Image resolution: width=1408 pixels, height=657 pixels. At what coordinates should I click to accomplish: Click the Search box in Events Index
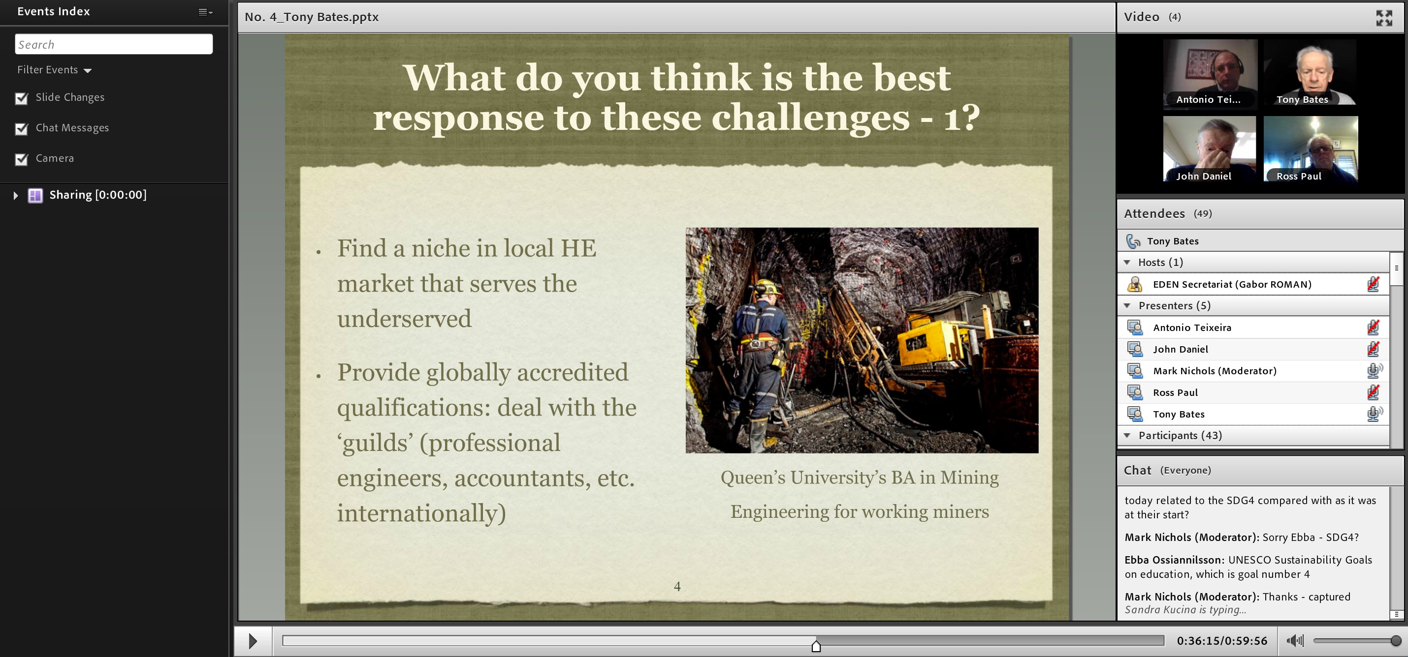click(x=114, y=44)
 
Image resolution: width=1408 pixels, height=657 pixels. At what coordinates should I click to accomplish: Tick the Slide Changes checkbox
click(x=21, y=98)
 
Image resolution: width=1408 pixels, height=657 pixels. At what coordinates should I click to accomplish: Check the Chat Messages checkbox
click(x=21, y=129)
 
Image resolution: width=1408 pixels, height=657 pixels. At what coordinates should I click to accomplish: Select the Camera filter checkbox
click(x=21, y=159)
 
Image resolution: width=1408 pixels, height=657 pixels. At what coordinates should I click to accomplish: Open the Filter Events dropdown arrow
click(x=88, y=70)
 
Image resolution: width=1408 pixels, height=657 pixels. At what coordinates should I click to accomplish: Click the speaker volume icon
click(x=1295, y=641)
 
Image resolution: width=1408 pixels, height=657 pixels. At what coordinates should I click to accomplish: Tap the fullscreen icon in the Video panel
click(x=1384, y=18)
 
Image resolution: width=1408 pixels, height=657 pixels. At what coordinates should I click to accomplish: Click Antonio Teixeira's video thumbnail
click(x=1210, y=72)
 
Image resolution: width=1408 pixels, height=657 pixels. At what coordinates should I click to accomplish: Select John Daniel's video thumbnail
click(x=1210, y=149)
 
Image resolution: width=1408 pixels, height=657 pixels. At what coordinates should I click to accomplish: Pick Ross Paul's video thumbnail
click(x=1311, y=149)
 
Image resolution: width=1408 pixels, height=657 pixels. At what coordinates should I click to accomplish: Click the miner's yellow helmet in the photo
click(x=768, y=286)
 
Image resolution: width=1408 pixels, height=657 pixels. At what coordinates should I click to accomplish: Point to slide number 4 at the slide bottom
click(x=677, y=587)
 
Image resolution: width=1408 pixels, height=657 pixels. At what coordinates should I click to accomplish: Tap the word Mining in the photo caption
click(x=969, y=478)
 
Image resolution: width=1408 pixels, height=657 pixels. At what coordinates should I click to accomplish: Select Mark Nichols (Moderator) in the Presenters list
click(x=1215, y=371)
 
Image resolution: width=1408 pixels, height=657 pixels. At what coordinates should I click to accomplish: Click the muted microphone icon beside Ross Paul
click(x=1373, y=392)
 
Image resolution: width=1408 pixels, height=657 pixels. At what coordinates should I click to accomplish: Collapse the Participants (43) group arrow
click(x=1127, y=435)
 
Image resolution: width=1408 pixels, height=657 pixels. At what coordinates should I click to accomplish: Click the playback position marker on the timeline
click(x=816, y=646)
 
